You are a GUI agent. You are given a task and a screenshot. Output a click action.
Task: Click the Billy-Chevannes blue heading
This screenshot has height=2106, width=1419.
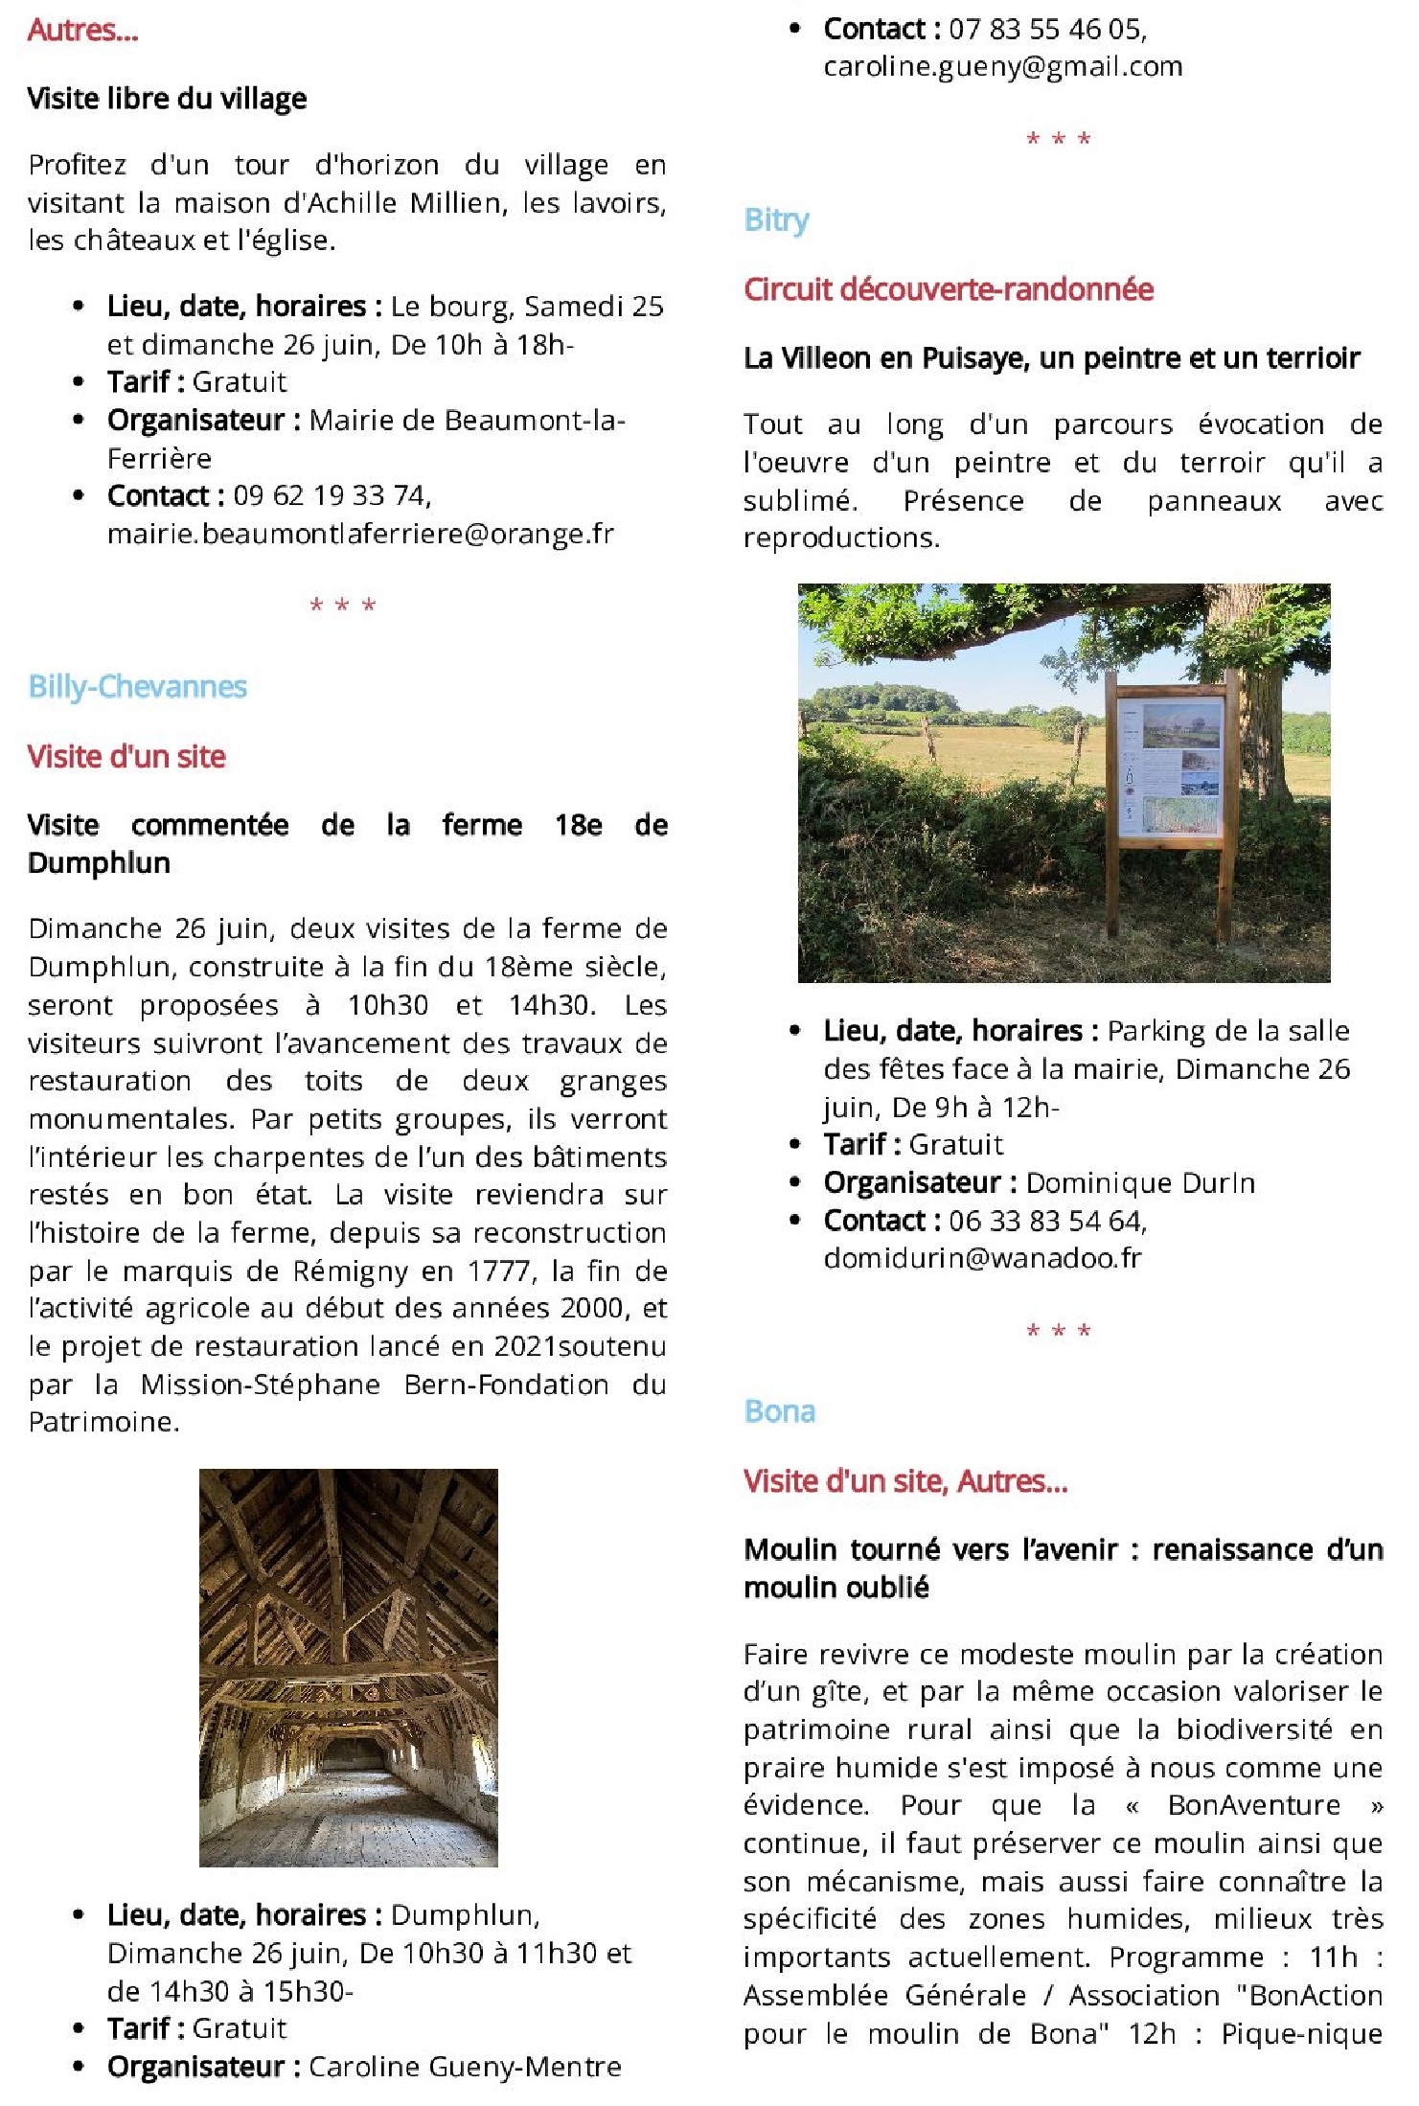click(137, 687)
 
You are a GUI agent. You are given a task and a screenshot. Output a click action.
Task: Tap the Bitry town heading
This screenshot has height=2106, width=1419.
click(776, 220)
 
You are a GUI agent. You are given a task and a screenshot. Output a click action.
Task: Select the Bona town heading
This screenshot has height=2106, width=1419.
click(779, 1411)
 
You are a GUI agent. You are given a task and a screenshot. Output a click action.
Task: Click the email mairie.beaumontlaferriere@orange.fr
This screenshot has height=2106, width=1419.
click(360, 534)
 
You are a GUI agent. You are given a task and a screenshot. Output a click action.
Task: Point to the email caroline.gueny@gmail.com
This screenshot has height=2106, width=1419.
click(1002, 67)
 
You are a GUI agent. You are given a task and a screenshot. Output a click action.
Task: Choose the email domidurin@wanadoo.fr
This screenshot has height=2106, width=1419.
click(982, 1258)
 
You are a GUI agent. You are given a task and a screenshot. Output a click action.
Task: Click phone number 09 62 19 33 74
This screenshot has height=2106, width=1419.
click(331, 495)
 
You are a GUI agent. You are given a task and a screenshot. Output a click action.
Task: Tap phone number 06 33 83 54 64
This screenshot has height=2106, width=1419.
click(1046, 1221)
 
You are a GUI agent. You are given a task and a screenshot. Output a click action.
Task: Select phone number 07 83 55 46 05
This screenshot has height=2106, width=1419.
click(1046, 30)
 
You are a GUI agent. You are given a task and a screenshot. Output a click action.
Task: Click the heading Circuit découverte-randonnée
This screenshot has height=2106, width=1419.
click(948, 289)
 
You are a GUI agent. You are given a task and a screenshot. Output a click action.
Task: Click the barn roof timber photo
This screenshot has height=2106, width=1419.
click(348, 1667)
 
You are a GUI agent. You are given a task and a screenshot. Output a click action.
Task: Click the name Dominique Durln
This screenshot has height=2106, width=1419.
click(1139, 1183)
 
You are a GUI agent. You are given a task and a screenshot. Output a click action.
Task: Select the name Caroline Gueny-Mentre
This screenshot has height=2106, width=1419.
click(464, 2068)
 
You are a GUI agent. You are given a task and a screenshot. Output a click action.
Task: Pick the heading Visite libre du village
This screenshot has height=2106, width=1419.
click(167, 99)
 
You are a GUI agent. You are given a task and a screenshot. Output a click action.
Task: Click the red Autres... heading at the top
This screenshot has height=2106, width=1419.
click(82, 31)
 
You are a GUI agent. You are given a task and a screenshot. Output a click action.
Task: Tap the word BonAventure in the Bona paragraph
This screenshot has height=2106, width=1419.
click(1253, 1806)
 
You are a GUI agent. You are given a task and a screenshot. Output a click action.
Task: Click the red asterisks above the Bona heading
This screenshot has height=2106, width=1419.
click(1058, 1331)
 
